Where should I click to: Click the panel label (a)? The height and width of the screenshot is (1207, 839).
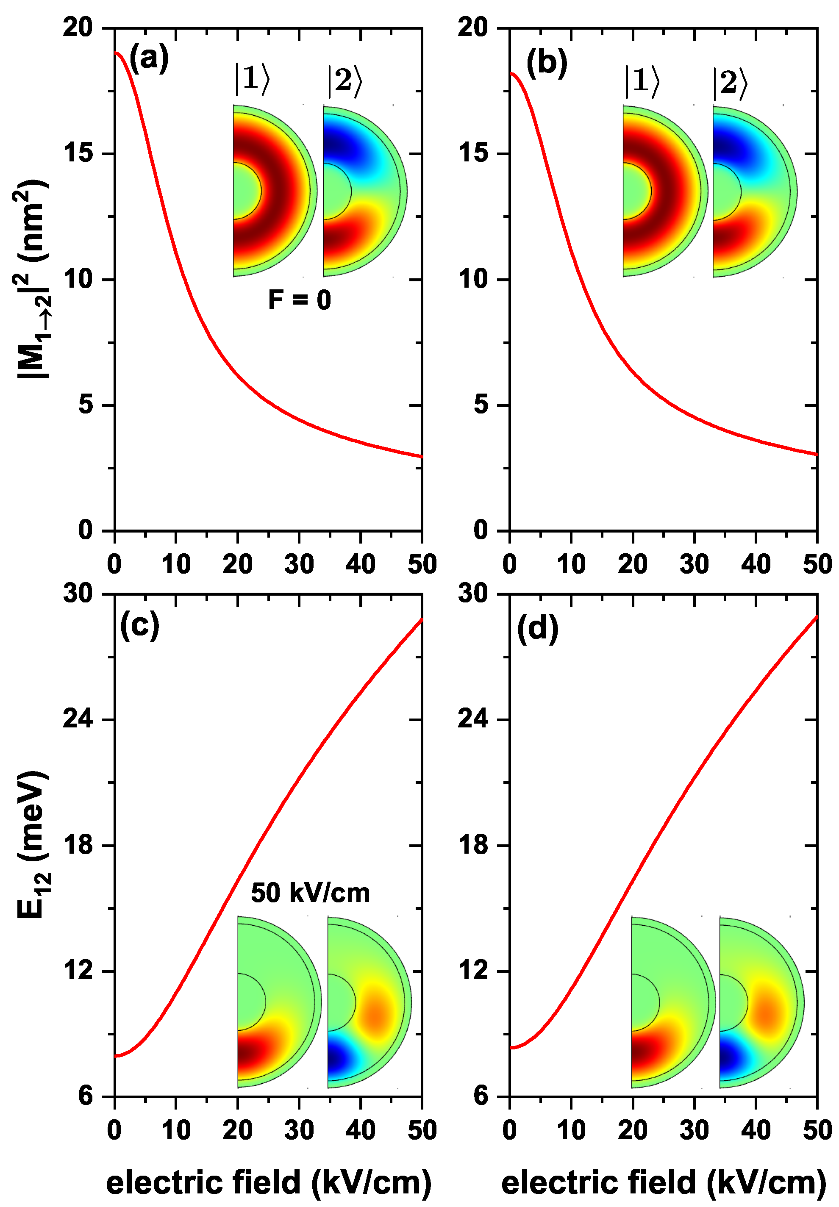click(x=149, y=58)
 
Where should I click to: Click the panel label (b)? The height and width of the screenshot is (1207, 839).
click(x=547, y=63)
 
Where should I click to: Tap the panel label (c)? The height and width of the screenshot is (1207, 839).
click(x=139, y=626)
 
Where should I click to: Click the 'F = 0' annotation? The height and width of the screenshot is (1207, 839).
click(x=299, y=300)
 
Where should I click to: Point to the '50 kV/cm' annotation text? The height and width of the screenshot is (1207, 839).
click(x=310, y=893)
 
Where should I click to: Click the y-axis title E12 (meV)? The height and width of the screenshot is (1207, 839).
click(x=33, y=846)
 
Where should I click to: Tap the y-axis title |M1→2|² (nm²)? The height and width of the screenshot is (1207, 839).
click(x=33, y=278)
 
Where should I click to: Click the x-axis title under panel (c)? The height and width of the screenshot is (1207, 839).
click(x=269, y=1183)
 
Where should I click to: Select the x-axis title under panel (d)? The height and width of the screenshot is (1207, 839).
click(x=664, y=1183)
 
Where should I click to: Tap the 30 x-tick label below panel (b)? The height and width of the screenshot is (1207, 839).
click(x=694, y=565)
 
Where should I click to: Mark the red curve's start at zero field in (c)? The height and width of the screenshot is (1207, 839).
click(x=116, y=1056)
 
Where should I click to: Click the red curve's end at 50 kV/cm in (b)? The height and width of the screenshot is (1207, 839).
click(x=817, y=454)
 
